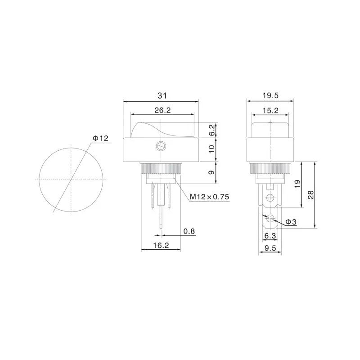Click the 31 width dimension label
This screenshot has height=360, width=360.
(x=161, y=95)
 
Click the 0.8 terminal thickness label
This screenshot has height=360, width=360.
(x=189, y=231)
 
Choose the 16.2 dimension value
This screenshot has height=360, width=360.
(x=161, y=245)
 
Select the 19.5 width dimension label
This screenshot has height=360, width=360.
(x=270, y=95)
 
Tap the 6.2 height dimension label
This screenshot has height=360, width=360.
(x=212, y=130)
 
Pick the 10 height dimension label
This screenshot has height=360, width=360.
(x=212, y=149)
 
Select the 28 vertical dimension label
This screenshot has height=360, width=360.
(x=311, y=195)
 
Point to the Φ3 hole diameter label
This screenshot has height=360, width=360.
(x=291, y=222)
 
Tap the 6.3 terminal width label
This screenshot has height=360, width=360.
(x=270, y=235)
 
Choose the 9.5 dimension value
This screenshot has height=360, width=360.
(x=270, y=248)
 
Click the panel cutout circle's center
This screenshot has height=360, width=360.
(x=71, y=179)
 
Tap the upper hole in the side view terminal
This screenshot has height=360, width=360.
(x=270, y=198)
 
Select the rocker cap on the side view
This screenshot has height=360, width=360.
(x=270, y=128)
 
